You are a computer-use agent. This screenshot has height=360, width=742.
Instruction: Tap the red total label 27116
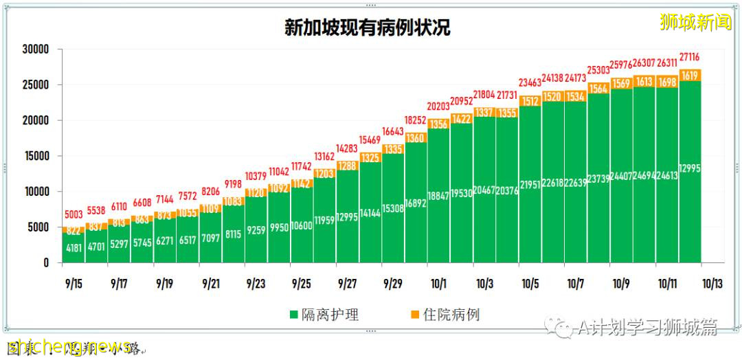click(690, 56)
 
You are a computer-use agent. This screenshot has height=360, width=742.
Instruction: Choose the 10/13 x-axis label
click(712, 283)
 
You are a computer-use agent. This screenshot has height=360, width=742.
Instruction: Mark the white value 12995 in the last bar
click(690, 169)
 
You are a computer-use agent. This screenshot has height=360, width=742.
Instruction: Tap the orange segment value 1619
click(690, 76)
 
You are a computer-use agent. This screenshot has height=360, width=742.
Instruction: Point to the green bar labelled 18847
click(438, 196)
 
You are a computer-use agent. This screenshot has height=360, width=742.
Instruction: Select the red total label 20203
click(438, 106)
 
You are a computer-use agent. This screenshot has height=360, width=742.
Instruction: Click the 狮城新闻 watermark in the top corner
click(695, 23)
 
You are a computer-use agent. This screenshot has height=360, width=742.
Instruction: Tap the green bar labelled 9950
click(278, 227)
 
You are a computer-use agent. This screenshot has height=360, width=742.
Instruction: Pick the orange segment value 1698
click(667, 82)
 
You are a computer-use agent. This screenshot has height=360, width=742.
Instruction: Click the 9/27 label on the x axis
click(347, 283)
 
